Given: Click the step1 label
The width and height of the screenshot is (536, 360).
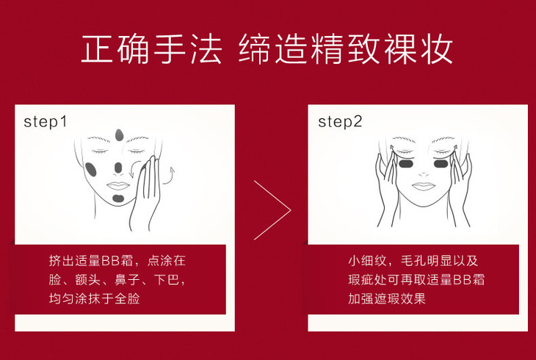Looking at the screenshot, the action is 45,122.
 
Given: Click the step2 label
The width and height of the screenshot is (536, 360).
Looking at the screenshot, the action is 340,122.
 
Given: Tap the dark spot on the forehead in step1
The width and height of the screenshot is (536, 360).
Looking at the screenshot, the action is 119,135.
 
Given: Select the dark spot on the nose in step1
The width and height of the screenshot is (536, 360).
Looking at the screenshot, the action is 118,168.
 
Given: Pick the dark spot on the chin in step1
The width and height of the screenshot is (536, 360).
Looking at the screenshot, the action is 118,198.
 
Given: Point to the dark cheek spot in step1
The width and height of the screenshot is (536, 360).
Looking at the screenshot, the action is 91,170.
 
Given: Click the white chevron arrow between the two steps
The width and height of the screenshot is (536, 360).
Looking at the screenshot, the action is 272,210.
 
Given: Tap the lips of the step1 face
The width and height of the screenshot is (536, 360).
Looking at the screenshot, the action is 118,186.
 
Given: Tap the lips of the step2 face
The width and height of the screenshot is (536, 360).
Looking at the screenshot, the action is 423,186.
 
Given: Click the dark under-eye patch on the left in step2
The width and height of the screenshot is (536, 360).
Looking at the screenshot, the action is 407,164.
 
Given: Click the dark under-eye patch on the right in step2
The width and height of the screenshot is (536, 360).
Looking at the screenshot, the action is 441,164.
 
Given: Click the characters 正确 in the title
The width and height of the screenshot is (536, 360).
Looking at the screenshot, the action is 116,48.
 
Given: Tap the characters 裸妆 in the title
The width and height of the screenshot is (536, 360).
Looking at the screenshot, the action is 418,48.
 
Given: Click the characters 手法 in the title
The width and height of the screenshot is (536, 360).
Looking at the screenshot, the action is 187,48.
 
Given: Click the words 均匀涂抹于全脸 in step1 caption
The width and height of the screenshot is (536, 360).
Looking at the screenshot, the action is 94,298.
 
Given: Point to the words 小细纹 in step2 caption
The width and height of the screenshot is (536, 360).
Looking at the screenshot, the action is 367,261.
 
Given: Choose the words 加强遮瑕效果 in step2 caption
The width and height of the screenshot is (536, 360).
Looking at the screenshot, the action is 387,298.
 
